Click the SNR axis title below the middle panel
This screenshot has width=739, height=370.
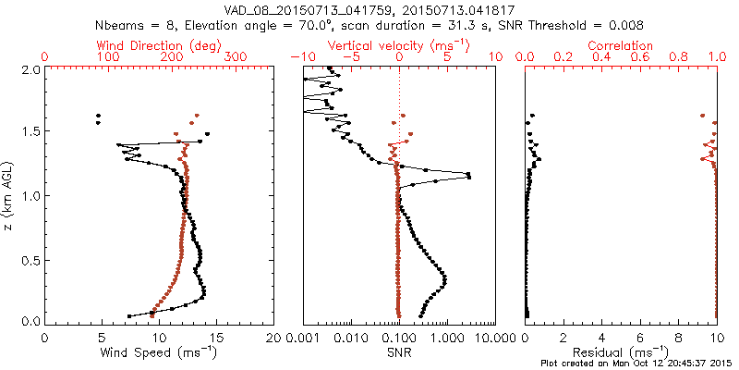click(x=399, y=352)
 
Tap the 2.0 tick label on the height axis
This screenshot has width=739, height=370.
click(x=30, y=69)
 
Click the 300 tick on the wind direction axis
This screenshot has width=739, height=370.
click(x=236, y=57)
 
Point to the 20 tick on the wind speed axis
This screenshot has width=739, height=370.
click(x=273, y=339)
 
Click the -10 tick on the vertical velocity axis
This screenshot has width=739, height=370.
click(x=297, y=57)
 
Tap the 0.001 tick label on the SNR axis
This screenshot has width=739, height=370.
click(x=303, y=339)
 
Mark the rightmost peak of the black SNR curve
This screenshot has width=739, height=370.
click(x=469, y=175)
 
